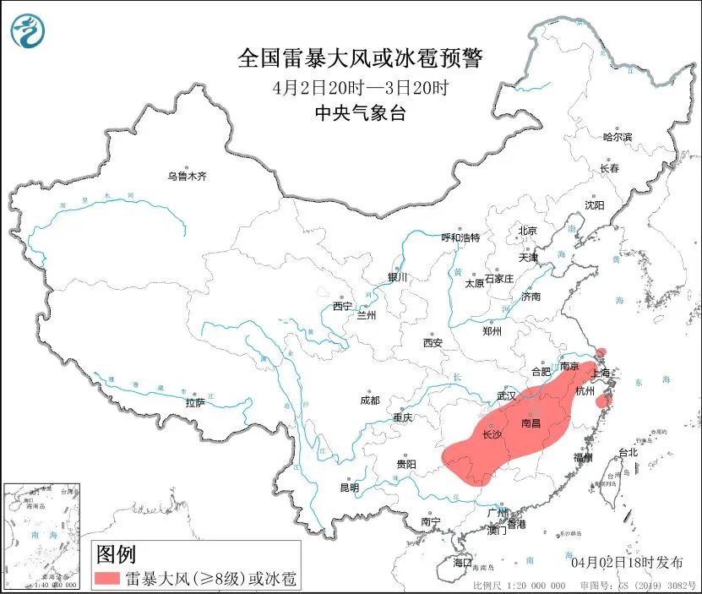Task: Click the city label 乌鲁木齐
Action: pos(186,177)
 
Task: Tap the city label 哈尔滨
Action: pos(618,136)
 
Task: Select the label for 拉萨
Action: pos(194,403)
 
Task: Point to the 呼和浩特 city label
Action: pos(460,237)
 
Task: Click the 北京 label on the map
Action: pos(528,231)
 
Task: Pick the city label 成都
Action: pos(369,401)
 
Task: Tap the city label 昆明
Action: pos(349,488)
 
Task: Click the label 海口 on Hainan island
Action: pos(462,562)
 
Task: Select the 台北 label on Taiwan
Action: pos(628,452)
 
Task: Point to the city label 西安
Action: pos(433,343)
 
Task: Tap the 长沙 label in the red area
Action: pos(492,435)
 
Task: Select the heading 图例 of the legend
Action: pos(116,555)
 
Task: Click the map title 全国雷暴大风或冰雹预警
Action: pos(360,58)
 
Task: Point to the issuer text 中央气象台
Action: pos(360,113)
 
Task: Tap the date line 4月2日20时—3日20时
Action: pos(360,87)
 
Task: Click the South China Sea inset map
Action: pos(43,536)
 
